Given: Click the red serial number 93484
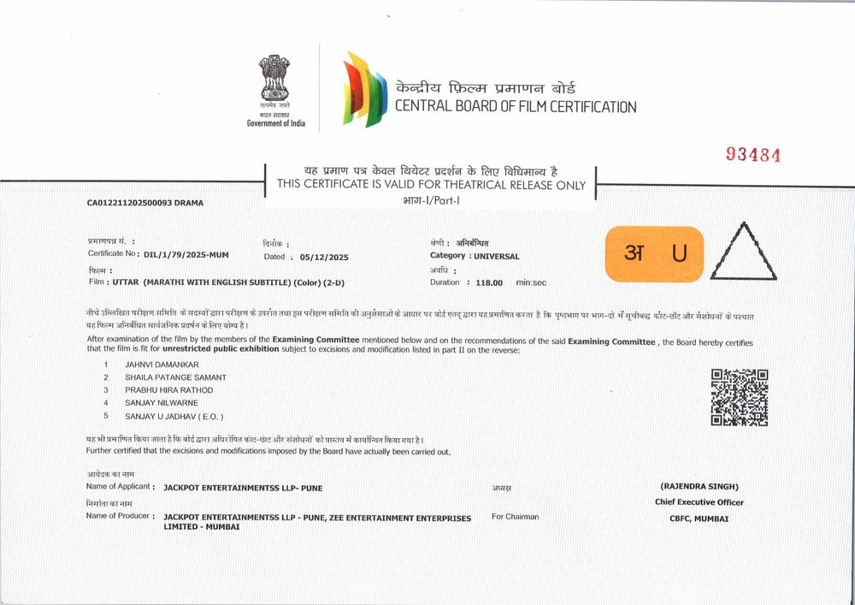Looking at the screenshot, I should coord(753,154).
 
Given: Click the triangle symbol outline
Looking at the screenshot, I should coord(745,252).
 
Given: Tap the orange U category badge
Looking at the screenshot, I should coord(654,253).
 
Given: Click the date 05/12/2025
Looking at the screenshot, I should coord(324,257).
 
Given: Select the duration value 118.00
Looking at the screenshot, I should coord(490,282).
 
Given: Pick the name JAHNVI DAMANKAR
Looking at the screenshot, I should coord(162,365).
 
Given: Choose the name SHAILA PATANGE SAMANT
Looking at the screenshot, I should coord(175,377).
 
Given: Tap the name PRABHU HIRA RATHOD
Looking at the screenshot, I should coord(168,390).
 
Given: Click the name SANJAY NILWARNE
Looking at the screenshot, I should coord(161,403).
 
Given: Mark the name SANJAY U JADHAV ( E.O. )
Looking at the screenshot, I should coord(174,416).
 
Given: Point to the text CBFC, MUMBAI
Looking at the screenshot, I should coord(699,519).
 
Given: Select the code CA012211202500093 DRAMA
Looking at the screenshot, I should coord(144,203).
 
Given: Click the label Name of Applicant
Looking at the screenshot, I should coord(119,487).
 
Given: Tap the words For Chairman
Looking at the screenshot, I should coord(515,517).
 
